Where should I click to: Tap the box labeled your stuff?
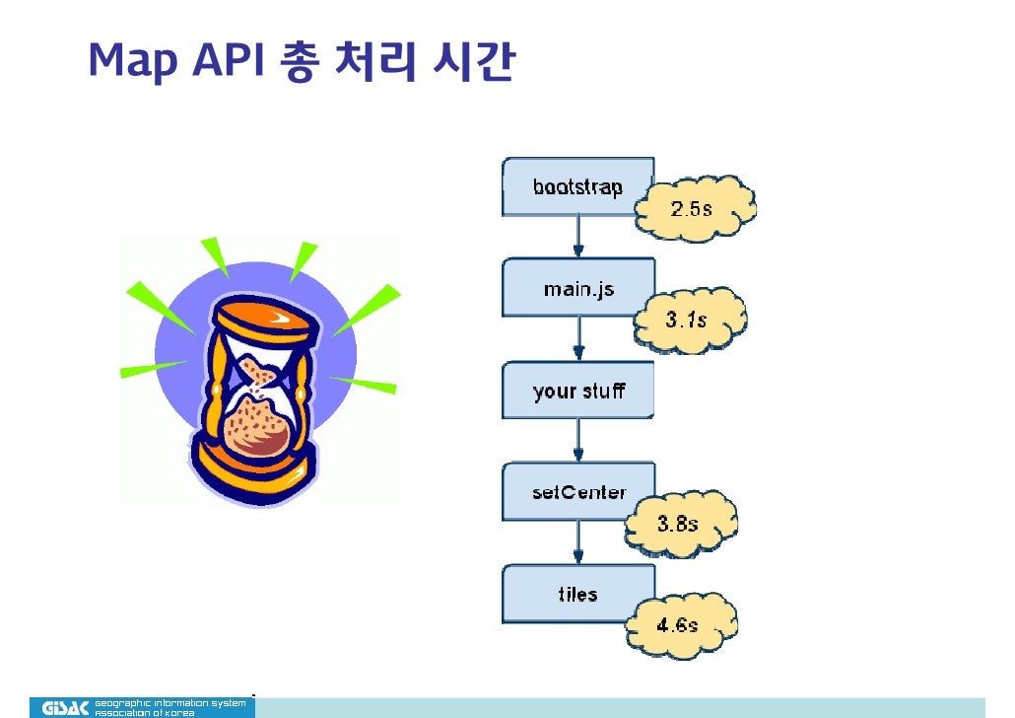[x=577, y=391]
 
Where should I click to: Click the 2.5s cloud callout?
[x=694, y=209]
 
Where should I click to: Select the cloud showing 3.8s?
[x=680, y=524]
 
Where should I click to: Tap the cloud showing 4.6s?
[x=680, y=624]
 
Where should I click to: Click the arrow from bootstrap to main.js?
[x=578, y=237]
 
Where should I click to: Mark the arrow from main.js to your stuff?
[x=578, y=339]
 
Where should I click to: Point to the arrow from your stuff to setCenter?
[x=578, y=441]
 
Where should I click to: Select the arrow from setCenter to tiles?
[x=578, y=542]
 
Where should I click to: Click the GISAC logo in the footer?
[x=65, y=707]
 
